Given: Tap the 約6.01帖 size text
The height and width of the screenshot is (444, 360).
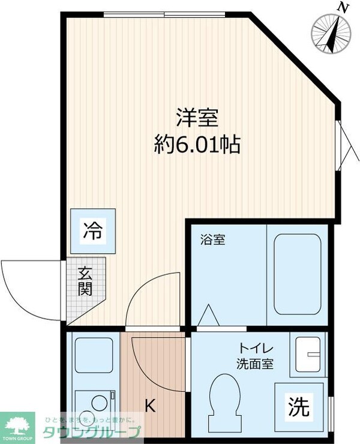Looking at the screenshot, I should point(197,145).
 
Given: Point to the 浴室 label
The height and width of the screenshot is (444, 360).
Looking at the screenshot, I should point(212,241).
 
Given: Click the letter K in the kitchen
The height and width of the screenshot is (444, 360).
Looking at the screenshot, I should point(150,406).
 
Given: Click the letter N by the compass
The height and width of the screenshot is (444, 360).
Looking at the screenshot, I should point(343,8).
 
